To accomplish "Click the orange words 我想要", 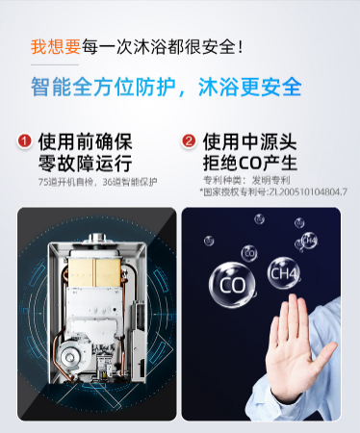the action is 56,47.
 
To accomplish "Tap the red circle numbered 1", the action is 25,141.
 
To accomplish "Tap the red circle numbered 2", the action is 189,141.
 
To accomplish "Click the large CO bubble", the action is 232,285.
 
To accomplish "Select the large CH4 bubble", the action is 284,273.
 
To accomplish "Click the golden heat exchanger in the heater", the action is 95,271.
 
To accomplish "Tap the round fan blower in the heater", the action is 70,357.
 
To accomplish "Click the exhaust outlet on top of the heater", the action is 97,238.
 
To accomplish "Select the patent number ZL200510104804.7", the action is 308,191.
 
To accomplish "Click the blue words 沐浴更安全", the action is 250,87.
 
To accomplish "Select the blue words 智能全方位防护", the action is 103,87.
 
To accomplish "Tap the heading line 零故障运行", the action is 85,163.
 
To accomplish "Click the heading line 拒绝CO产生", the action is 249,163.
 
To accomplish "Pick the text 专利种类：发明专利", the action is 246,180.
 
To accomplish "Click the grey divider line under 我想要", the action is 55,64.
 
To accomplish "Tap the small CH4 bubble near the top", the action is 309,241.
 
